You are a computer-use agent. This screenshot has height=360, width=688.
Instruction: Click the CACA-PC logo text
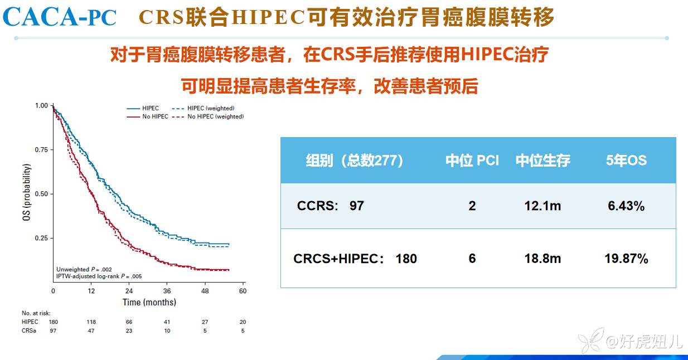coord(60,17)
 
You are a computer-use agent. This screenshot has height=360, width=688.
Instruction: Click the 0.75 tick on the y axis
coord(41,150)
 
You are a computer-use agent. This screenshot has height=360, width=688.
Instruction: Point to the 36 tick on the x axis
coord(167,291)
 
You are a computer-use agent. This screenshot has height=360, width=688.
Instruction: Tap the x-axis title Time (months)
coord(149,302)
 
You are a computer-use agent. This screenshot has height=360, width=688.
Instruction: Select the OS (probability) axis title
coord(27,192)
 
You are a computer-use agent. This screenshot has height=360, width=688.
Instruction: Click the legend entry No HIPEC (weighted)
coord(209,116)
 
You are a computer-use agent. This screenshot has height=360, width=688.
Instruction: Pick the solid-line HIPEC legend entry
coord(143,108)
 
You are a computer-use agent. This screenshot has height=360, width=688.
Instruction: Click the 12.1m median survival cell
coord(542,206)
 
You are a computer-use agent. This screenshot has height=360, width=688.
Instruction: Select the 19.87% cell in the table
coord(626,259)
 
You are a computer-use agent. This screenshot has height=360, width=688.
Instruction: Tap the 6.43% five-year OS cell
coord(626,206)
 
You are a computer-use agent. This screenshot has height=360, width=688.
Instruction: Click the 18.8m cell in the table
coord(542,259)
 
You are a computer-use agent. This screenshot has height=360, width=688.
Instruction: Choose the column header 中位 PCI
coord(472,160)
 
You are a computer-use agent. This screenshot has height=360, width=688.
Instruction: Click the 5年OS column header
coord(626,160)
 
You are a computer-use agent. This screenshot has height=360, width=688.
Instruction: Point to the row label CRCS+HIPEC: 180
coord(355,259)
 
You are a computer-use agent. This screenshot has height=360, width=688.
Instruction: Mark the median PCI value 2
coord(472,206)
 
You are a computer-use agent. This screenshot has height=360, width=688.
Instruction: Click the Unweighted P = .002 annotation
coord(84,270)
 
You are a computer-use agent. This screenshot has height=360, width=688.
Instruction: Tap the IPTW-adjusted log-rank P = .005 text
coord(99,276)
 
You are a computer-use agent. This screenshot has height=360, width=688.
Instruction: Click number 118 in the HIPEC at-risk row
coord(91,322)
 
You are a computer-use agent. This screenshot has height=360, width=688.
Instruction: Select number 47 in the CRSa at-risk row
coord(91,331)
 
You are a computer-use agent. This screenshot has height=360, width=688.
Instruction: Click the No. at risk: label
coord(36,313)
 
